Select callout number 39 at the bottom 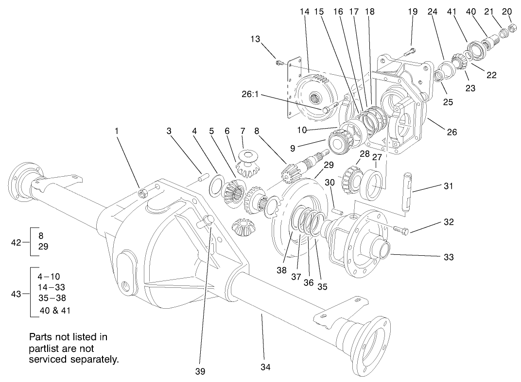click(200, 371)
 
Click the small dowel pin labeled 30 click(338, 211)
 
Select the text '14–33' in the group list click(52, 287)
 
